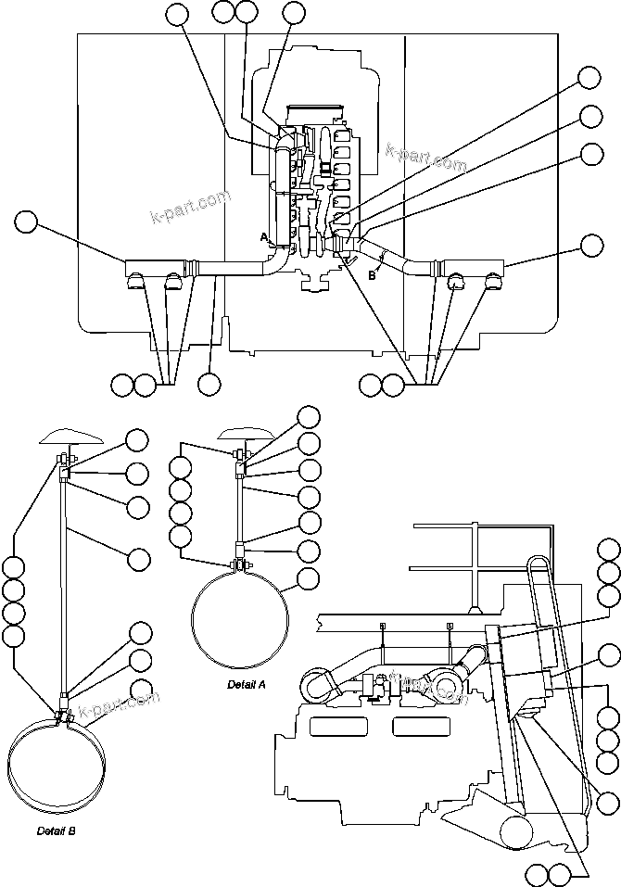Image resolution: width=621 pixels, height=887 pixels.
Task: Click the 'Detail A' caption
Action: [x=247, y=685]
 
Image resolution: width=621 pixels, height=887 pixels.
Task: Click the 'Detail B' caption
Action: [x=57, y=830]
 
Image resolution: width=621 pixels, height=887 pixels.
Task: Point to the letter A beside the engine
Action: [x=263, y=238]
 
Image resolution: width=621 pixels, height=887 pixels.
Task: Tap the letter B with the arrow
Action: [x=373, y=273]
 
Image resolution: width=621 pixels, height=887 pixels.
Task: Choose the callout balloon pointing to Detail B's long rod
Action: [x=138, y=558]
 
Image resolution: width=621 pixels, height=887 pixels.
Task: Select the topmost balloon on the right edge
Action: [x=590, y=77]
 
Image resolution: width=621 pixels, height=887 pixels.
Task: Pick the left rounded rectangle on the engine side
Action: [x=339, y=726]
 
